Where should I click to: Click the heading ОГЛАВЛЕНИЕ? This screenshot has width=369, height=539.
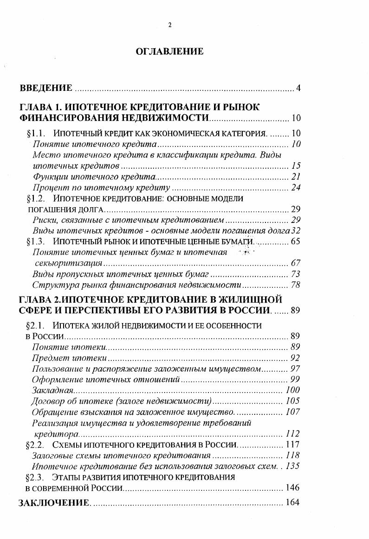169,51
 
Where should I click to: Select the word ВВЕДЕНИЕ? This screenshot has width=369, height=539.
45,88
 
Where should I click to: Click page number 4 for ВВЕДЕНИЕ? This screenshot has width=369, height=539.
299,88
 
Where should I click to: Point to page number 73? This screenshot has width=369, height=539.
296,274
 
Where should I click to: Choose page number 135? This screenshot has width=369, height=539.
293,466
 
